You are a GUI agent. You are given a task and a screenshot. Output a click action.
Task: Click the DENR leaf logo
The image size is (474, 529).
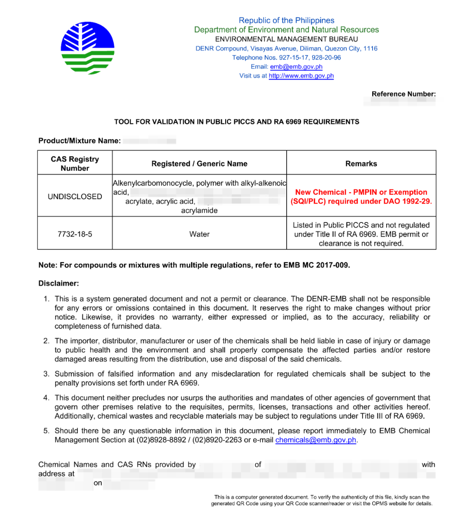(88, 48)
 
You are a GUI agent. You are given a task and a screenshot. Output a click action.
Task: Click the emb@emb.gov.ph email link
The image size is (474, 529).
(296, 67)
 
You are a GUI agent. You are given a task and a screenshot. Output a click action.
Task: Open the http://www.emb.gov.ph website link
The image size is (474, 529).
(301, 76)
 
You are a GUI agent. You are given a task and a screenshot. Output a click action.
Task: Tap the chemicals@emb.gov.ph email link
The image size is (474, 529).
(316, 440)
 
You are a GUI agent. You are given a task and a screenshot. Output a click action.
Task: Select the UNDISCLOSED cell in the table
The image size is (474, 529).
(75, 197)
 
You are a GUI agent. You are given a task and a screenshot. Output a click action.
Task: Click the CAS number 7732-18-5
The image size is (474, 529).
(75, 234)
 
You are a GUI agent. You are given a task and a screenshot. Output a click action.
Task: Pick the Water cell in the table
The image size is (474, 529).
(199, 234)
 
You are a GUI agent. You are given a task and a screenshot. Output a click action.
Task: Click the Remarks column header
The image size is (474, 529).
(361, 164)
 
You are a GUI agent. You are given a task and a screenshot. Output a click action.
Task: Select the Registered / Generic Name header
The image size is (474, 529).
(199, 164)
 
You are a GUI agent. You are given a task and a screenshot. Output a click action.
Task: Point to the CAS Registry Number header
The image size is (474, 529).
(75, 164)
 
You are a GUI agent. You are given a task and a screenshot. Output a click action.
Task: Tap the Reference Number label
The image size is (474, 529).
(403, 94)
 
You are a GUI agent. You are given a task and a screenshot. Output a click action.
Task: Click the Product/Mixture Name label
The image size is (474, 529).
(79, 141)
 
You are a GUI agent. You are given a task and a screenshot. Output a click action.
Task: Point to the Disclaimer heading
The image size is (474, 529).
(58, 283)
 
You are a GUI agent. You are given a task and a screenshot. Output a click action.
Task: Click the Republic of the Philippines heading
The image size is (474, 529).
(286, 20)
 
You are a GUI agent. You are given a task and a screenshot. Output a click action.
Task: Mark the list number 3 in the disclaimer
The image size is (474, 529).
(46, 374)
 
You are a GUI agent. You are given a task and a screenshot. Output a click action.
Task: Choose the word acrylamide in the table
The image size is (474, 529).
(199, 211)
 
